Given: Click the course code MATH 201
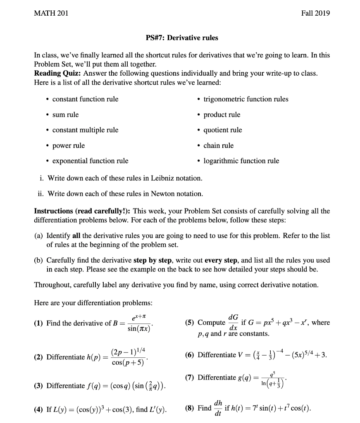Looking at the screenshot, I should click(x=51, y=13).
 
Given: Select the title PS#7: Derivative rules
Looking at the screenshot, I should click(x=182, y=38).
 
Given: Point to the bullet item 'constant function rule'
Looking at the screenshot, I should click(x=85, y=99).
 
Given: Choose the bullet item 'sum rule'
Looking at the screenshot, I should click(x=65, y=114).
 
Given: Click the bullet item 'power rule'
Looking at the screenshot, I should click(x=69, y=145).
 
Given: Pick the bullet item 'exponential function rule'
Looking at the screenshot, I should click(x=90, y=161).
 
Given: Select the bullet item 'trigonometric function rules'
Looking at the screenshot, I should click(x=246, y=99).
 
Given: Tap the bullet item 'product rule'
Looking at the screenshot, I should click(x=222, y=114).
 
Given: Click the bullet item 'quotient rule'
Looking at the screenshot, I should click(x=223, y=130).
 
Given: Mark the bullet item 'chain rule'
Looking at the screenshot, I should click(x=219, y=145).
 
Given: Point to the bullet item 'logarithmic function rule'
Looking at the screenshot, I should click(x=241, y=161).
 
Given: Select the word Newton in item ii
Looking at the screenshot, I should click(x=157, y=194).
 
